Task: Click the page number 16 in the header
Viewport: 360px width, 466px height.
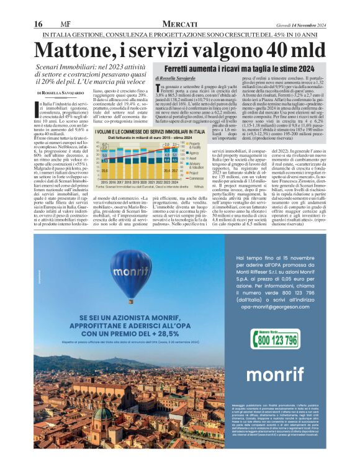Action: tap(38, 23)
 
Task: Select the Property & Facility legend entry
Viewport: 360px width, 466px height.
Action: tap(194, 145)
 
